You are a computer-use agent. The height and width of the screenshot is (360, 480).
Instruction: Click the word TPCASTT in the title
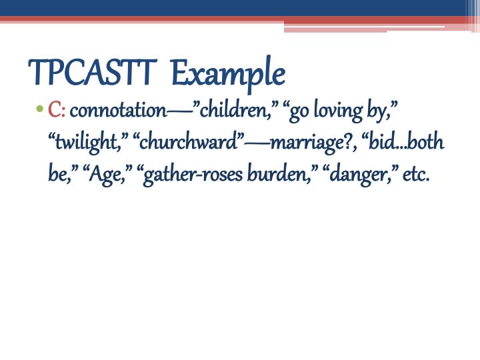92,73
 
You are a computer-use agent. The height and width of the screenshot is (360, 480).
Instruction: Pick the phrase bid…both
406,143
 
